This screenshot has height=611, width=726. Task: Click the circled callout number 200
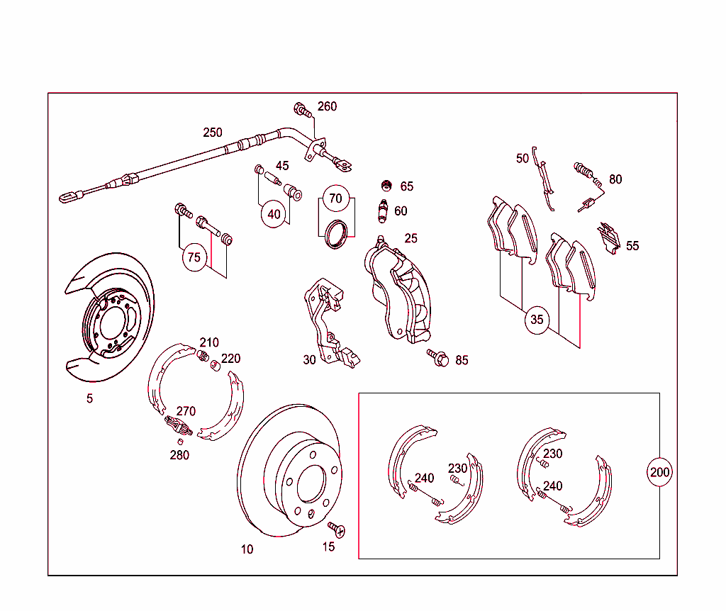pos(659,472)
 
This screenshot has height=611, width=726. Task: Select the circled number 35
pos(537,320)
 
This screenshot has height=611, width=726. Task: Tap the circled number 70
pos(335,198)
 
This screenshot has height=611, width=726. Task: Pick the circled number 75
pos(194,257)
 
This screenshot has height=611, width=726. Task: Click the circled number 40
pos(274,213)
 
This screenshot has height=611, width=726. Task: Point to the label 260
pos(327,106)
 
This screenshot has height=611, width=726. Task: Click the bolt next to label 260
pos(301,110)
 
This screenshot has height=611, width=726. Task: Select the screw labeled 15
pos(335,529)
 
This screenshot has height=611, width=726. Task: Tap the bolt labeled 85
pos(437,357)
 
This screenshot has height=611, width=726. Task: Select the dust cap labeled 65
pos(387,186)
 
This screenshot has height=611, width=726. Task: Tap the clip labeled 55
pos(609,237)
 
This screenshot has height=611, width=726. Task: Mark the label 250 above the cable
pos(212,133)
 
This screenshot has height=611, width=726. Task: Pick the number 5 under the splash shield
pos(89,398)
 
